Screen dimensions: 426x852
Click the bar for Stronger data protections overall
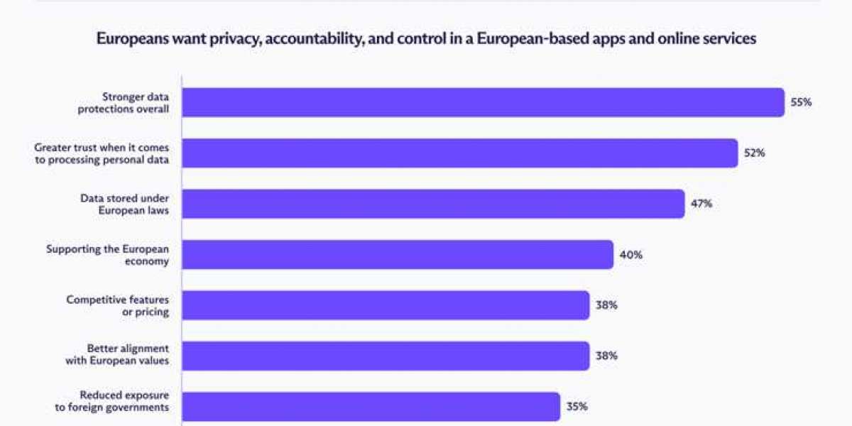[483, 102]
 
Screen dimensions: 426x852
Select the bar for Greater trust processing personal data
[459, 153]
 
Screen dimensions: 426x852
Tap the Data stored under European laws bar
[433, 204]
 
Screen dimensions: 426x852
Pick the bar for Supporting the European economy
[398, 255]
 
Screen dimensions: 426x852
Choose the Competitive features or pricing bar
[386, 305]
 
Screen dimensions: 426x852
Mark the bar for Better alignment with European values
[386, 356]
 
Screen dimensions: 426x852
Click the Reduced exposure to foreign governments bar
[371, 407]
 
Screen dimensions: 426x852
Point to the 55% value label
[801, 102]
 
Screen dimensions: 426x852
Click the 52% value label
[754, 153]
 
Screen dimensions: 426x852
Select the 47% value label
[701, 204]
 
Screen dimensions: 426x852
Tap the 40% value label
[630, 255]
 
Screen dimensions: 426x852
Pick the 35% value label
[577, 407]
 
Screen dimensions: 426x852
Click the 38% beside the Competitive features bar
[606, 305]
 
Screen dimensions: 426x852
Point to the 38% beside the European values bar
[606, 356]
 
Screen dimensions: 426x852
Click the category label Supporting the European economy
[107, 255]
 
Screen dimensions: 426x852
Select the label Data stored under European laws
[124, 204]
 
